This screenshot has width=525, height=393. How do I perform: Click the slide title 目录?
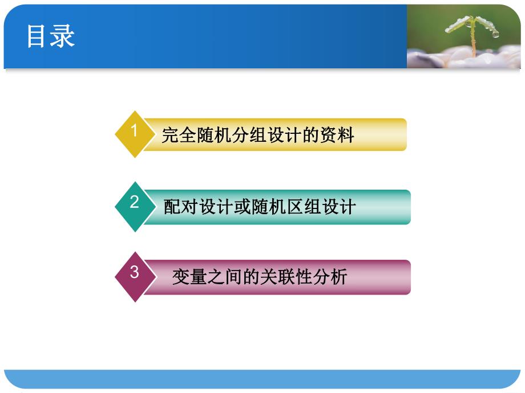coord(51,36)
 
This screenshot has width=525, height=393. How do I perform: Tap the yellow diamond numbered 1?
coord(135,134)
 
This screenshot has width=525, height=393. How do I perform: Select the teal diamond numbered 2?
coord(135,206)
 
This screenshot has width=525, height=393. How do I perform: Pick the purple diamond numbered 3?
coord(135,276)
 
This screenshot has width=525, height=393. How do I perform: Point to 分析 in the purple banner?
coord(333,277)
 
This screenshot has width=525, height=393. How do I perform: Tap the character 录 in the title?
coord(63,36)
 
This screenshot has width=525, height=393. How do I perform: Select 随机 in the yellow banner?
coord(211,136)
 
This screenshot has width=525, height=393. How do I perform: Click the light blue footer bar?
coord(262,379)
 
